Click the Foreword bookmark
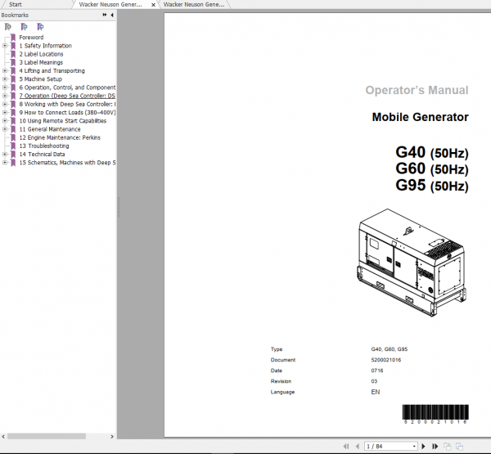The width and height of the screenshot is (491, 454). (31, 38)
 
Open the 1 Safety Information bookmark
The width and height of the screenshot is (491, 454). (45, 46)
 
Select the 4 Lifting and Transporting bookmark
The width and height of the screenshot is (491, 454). (52, 71)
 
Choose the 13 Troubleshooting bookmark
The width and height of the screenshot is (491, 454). (44, 146)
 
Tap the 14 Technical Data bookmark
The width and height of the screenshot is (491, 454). (42, 154)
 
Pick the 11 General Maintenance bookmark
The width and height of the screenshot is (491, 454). (50, 129)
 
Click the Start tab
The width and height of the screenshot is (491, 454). (16, 4)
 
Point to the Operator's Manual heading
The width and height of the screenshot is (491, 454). (417, 90)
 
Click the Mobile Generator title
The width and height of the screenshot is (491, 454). (420, 117)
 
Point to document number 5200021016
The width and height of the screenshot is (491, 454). (385, 360)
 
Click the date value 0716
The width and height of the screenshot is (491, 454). (376, 371)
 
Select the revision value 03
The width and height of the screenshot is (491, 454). (374, 381)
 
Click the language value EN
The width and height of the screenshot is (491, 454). (375, 393)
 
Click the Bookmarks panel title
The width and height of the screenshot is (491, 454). (16, 15)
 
